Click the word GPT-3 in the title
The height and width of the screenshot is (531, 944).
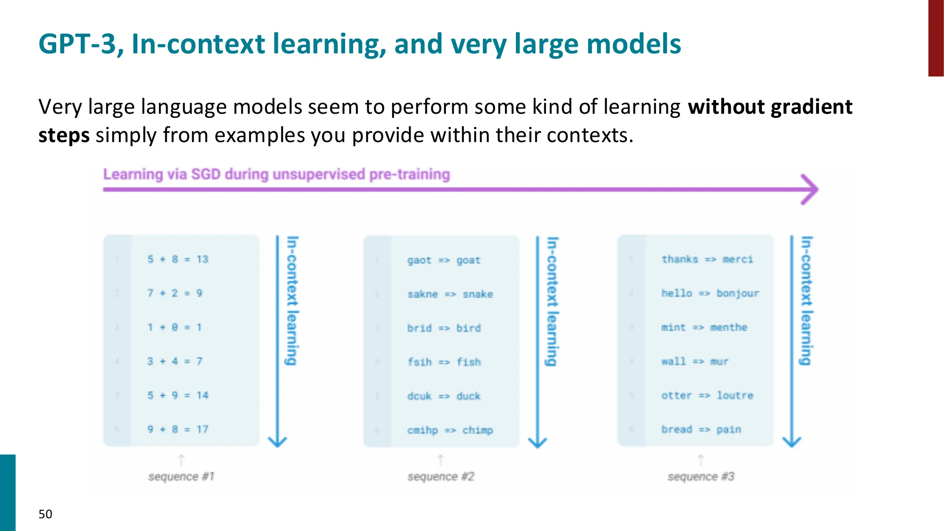click(x=77, y=44)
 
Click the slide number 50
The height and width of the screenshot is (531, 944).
click(x=45, y=514)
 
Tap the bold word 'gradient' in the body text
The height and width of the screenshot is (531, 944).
click(x=811, y=107)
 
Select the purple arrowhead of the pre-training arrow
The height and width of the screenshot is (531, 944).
click(x=810, y=189)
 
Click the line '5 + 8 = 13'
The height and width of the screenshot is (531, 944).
click(x=177, y=259)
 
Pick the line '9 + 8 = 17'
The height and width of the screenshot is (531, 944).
click(x=177, y=429)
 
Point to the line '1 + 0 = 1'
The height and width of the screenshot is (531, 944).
click(x=174, y=327)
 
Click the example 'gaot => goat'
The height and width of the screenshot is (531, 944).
click(x=444, y=260)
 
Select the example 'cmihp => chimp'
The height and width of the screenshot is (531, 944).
click(x=450, y=430)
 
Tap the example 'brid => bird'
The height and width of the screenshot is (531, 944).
click(x=444, y=328)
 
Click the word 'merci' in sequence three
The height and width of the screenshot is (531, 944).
click(x=737, y=259)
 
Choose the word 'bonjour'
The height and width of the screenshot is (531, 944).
click(x=737, y=293)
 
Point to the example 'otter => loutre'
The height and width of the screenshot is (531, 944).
click(x=707, y=395)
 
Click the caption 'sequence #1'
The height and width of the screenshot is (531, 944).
click(x=181, y=477)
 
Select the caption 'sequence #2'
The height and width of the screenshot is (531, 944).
click(x=441, y=477)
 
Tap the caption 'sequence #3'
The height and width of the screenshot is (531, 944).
click(x=701, y=477)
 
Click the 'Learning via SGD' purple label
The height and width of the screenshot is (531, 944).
click(x=276, y=174)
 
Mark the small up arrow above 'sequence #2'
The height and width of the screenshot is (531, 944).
click(x=440, y=460)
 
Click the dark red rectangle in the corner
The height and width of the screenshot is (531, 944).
click(x=936, y=38)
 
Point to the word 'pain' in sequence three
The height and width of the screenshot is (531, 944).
click(x=728, y=429)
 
